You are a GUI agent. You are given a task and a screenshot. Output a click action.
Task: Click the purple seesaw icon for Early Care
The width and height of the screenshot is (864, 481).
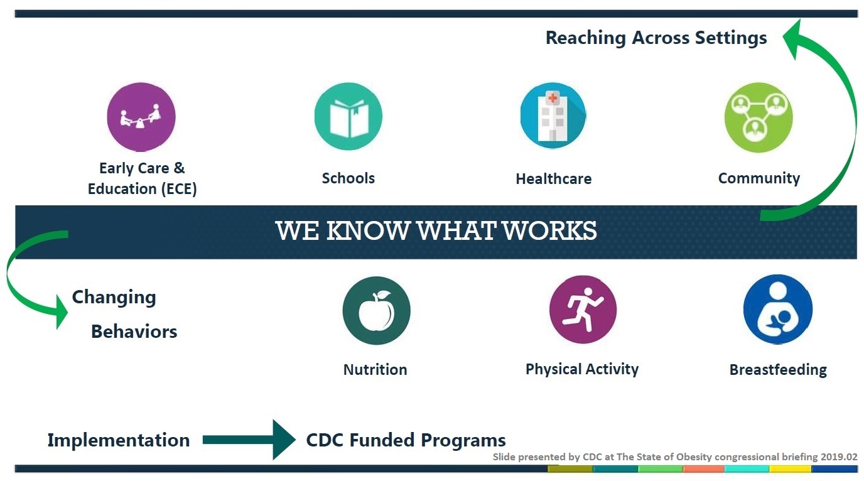click(141, 117)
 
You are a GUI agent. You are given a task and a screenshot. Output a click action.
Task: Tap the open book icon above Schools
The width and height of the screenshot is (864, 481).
click(348, 116)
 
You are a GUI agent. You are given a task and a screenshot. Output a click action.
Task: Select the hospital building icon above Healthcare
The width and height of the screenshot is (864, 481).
click(553, 116)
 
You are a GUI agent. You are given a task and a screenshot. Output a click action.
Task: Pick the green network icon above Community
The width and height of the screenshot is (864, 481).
click(759, 117)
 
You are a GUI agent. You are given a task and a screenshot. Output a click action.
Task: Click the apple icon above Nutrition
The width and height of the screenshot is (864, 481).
click(377, 310)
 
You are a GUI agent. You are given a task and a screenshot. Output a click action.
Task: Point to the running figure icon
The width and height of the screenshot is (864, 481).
click(583, 310)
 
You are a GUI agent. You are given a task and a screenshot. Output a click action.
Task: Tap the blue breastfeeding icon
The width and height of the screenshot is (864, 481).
click(778, 309)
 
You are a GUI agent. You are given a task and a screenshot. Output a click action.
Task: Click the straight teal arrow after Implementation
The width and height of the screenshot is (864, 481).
click(249, 440)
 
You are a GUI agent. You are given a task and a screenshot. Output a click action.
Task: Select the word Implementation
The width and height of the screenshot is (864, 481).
click(119, 440)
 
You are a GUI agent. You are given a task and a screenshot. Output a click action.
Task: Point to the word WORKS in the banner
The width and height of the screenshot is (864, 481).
click(550, 230)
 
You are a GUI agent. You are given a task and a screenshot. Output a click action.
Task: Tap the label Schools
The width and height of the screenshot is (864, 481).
click(348, 178)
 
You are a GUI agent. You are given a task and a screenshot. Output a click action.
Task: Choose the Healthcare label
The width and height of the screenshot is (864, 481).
click(554, 178)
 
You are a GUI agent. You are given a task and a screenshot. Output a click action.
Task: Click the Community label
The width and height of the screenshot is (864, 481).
click(759, 178)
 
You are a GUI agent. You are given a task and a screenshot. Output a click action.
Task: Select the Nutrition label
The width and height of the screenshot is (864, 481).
click(375, 369)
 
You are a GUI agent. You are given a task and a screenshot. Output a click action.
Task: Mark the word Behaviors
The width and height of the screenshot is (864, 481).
click(134, 332)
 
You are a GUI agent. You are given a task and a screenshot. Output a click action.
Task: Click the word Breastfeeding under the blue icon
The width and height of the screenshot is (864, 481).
click(778, 369)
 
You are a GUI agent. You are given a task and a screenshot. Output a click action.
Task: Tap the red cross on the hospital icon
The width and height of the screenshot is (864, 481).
click(553, 97)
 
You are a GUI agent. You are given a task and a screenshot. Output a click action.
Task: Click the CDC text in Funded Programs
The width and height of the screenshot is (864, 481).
click(325, 440)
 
